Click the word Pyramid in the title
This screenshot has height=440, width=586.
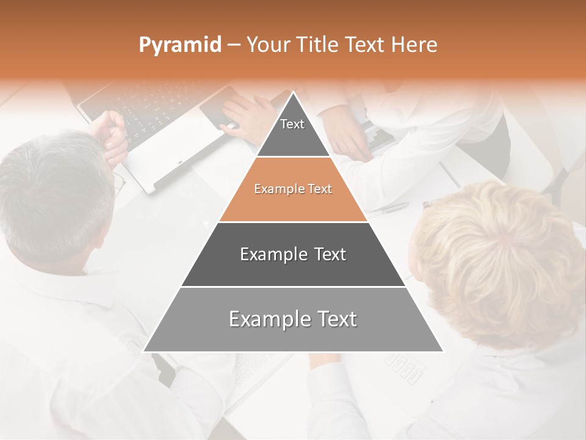(180, 45)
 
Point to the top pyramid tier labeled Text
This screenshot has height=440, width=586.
(292, 132)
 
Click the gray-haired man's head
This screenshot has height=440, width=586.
(55, 196)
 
